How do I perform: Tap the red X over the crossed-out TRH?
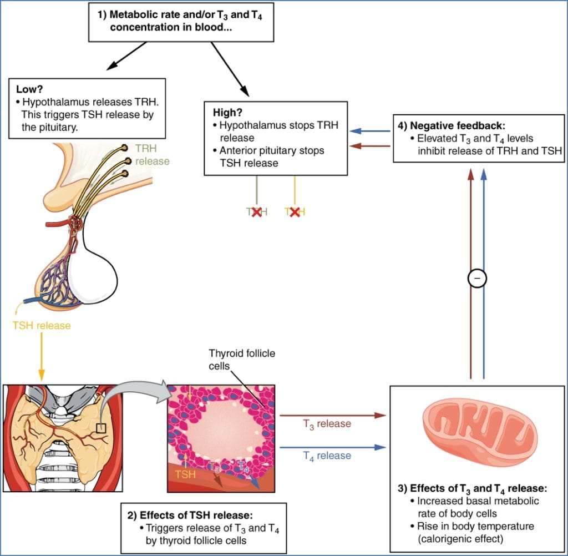click(x=256, y=211)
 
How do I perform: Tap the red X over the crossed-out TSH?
click(x=295, y=211)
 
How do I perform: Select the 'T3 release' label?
click(x=327, y=423)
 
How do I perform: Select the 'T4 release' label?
click(x=327, y=455)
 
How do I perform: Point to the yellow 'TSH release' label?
click(x=42, y=325)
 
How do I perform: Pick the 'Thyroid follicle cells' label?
click(x=242, y=358)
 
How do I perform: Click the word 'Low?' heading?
click(x=28, y=89)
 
